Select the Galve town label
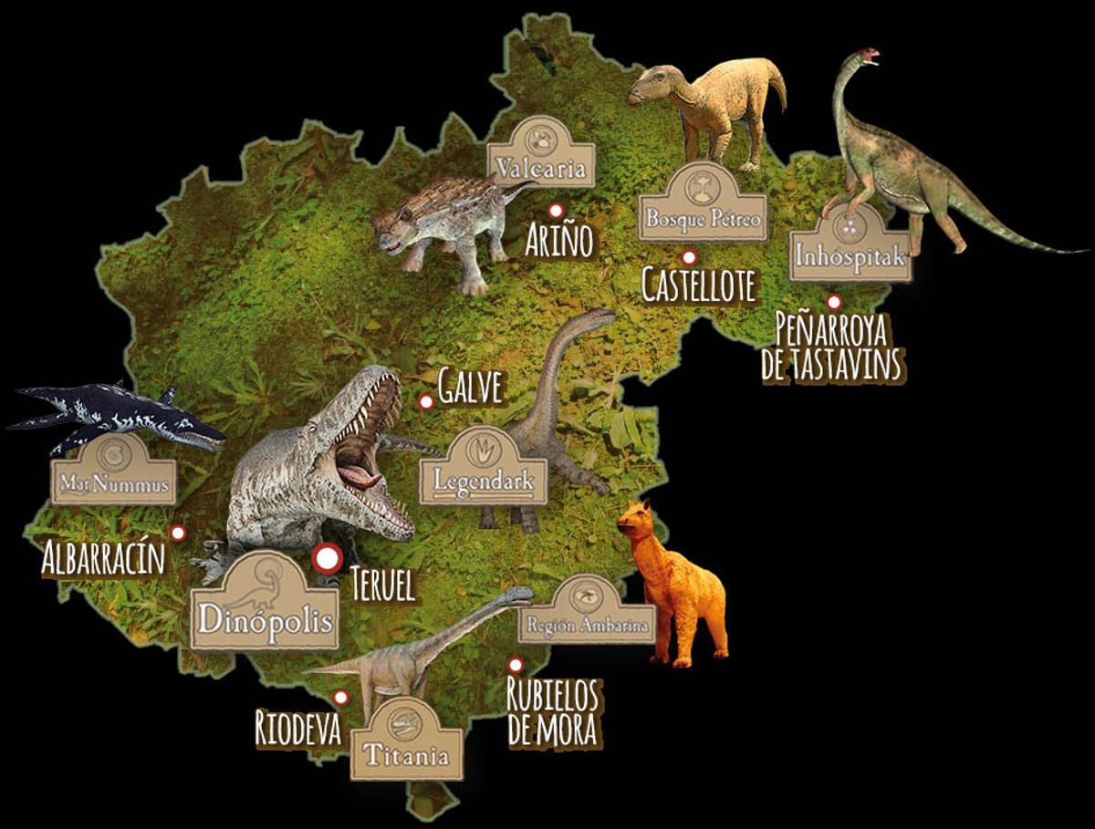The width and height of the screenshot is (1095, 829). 470,388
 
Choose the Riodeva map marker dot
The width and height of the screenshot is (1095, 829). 340,698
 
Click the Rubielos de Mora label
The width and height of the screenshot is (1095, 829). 553,711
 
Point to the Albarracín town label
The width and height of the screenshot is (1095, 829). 103,558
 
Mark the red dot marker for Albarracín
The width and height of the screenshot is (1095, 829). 179,533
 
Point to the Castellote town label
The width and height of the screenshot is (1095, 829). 699,285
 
